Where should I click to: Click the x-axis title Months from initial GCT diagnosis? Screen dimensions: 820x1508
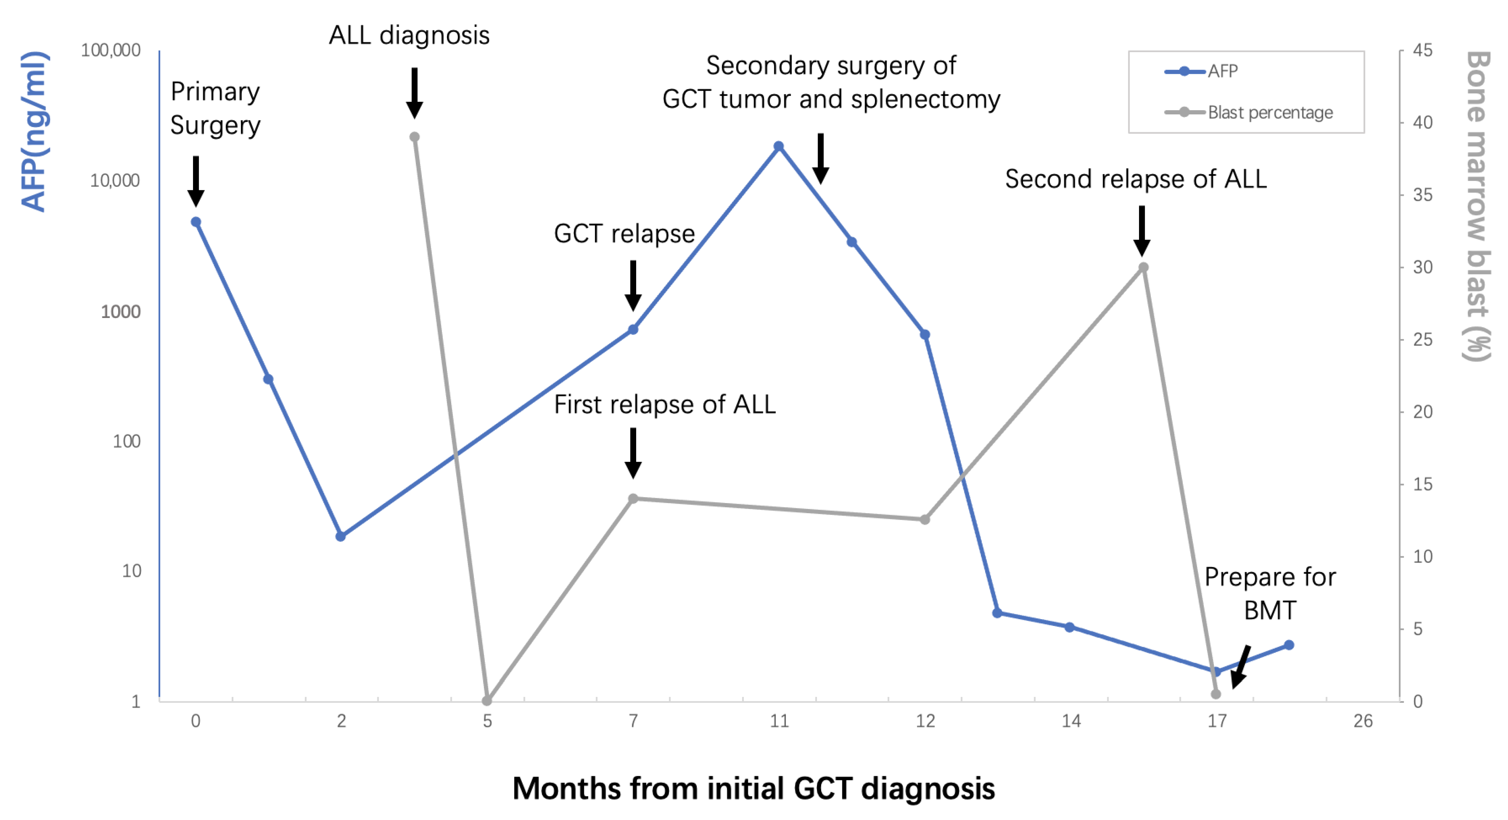pos(753,789)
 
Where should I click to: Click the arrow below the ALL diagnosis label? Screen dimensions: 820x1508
pos(414,93)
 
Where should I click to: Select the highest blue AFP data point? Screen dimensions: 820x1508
pos(778,147)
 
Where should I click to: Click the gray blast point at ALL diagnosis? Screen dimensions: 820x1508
pos(414,137)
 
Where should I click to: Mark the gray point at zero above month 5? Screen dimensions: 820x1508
pos(487,700)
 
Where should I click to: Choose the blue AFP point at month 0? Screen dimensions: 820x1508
pos(196,222)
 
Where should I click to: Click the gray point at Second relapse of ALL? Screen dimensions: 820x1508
pos(1143,268)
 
